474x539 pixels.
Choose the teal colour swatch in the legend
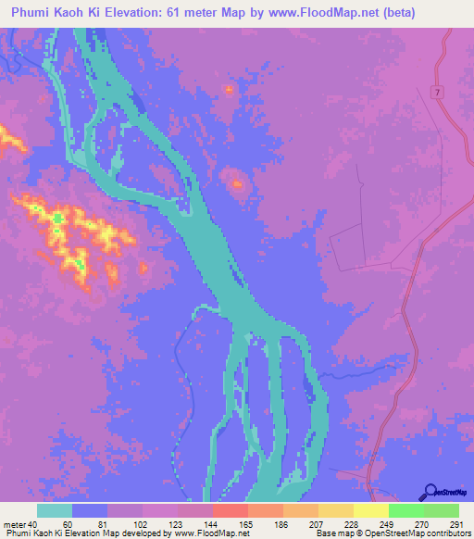(x=54, y=509)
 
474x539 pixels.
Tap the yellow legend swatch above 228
(x=335, y=509)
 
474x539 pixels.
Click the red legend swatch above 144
(x=230, y=509)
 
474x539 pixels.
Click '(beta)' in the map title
(x=364, y=13)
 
